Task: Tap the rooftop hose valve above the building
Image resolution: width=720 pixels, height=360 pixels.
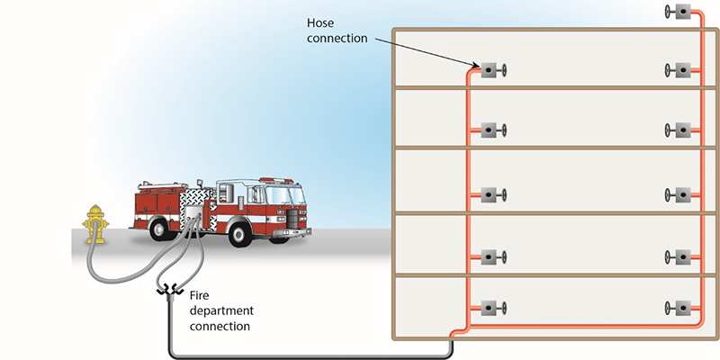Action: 680,12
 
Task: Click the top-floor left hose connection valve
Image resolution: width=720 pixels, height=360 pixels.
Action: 491,70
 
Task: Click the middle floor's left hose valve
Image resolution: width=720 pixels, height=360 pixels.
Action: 491,194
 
